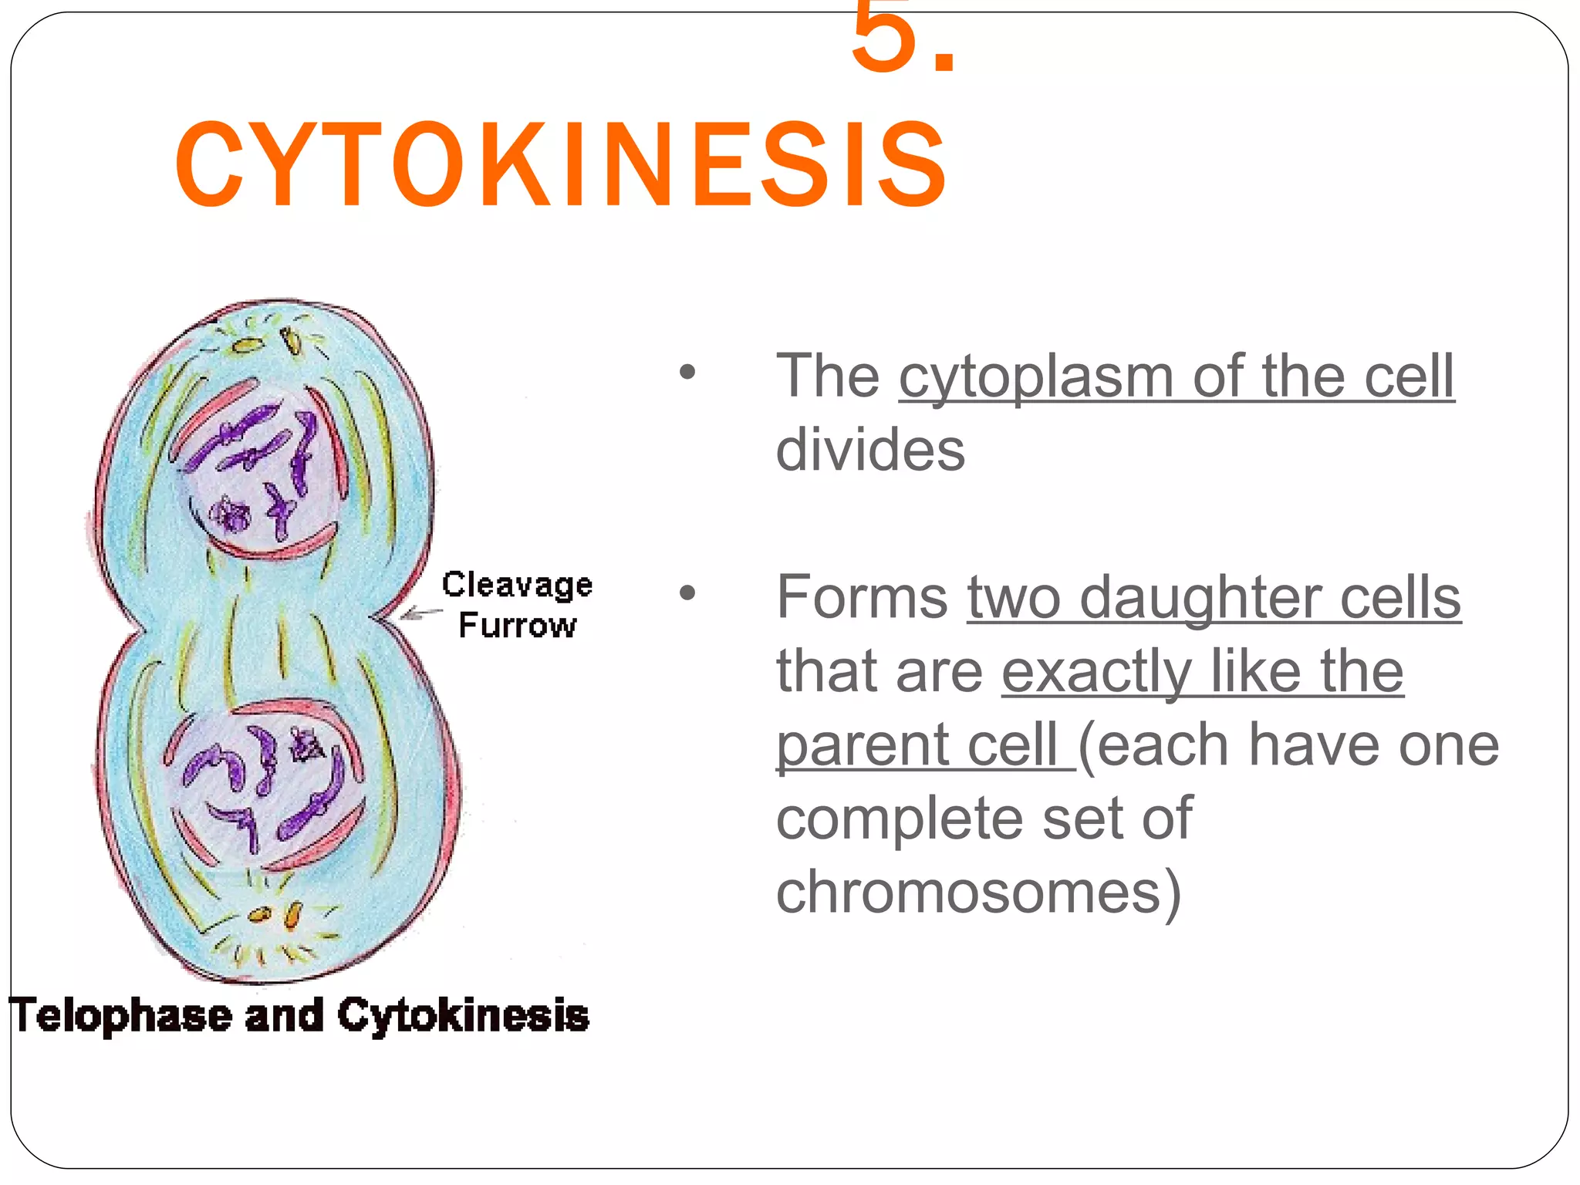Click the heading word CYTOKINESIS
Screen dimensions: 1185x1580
[x=561, y=164]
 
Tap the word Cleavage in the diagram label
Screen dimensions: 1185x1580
[x=517, y=585]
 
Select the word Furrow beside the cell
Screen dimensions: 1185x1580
[x=517, y=625]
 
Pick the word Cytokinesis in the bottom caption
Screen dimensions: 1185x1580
[x=463, y=1015]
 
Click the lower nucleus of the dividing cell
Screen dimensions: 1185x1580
[x=262, y=783]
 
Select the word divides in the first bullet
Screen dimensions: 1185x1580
[x=869, y=450]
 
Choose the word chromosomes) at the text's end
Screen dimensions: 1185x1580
[x=978, y=893]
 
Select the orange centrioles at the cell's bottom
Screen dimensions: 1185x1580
[x=275, y=916]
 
